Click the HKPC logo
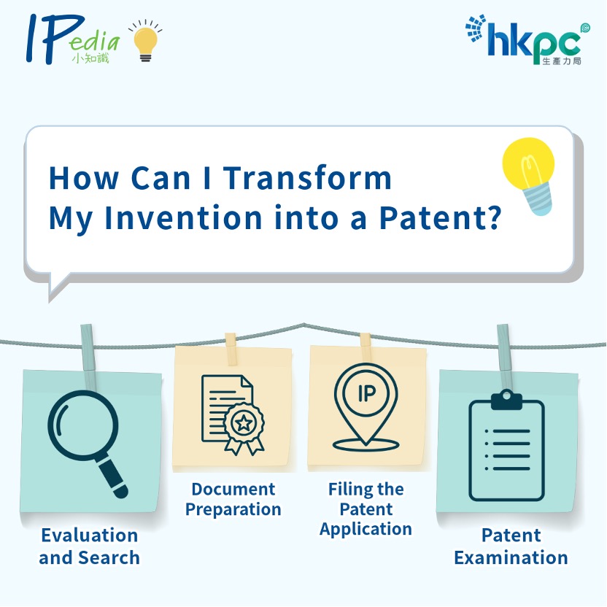point(527,39)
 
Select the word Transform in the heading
point(307,179)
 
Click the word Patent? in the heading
point(440,217)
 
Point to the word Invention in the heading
point(184,218)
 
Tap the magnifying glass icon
point(88,444)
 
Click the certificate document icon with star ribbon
point(233,415)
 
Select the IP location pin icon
point(366,407)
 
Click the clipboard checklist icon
point(506,446)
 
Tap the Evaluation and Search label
point(90,546)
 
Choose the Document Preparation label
point(233,499)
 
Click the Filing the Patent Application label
point(366,509)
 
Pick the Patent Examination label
point(511,546)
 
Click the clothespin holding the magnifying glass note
point(88,357)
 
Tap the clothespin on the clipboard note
point(505,357)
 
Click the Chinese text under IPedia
point(90,58)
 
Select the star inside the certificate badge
point(244,423)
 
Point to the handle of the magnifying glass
point(112,478)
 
